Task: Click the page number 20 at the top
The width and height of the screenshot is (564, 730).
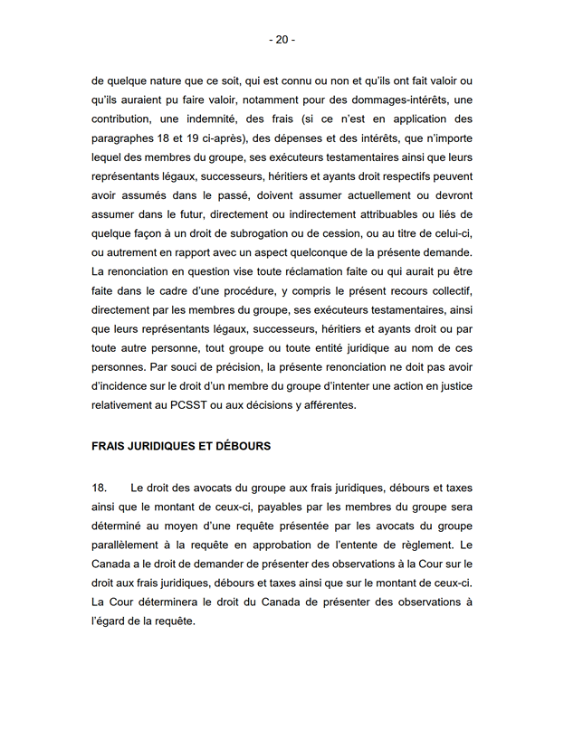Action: point(282,40)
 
